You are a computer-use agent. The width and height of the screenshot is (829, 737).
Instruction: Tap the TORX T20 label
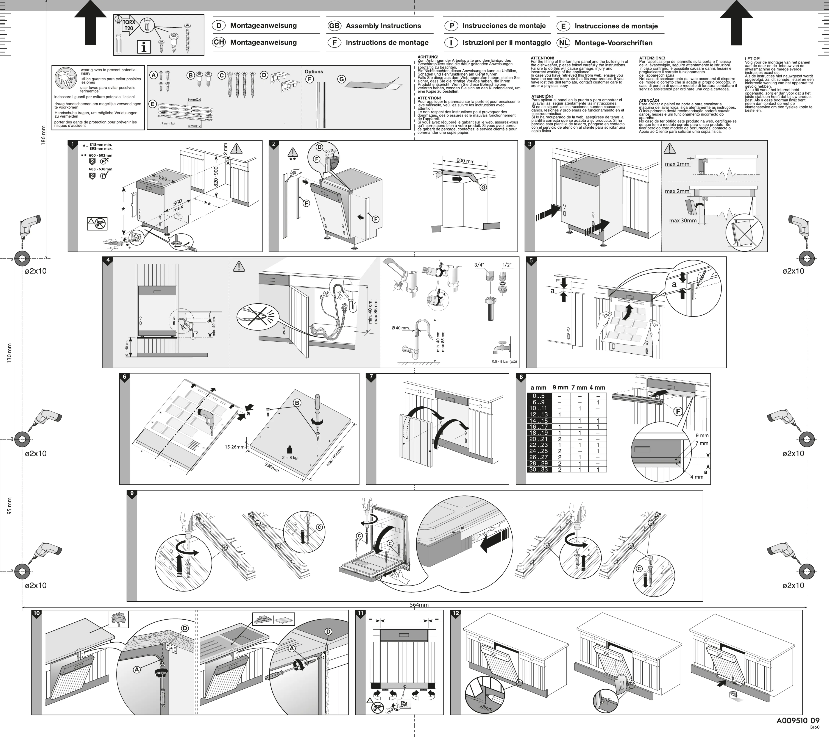point(129,25)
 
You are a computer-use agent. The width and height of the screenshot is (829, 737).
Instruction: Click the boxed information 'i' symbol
point(144,47)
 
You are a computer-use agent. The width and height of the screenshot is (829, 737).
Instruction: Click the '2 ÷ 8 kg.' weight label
point(290,457)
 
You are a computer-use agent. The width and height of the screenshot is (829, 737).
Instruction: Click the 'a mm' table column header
point(539,388)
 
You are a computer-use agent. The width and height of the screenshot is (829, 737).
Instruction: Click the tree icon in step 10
point(119,619)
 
